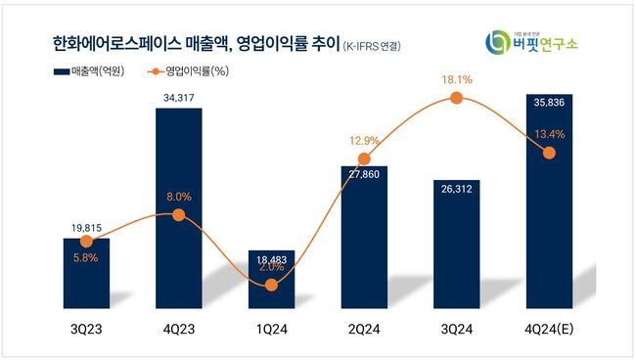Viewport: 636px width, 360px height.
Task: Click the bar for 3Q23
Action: tap(86, 274)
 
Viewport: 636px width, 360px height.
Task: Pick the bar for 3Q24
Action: tap(456, 245)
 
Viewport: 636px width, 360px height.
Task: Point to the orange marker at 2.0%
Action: tap(271, 284)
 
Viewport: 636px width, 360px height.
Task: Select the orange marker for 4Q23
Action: tap(178, 214)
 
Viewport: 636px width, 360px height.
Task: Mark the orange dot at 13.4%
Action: tap(548, 153)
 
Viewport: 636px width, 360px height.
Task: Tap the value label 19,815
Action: tap(86, 227)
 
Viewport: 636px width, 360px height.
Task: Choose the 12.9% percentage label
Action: tap(363, 142)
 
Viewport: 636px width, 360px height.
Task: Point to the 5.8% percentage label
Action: tap(86, 257)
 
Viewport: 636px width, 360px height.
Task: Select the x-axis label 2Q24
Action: tap(363, 330)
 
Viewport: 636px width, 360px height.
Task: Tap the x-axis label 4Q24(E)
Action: tap(548, 330)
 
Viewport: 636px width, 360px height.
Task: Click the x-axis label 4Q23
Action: tap(178, 330)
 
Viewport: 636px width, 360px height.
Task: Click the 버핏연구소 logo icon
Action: tap(497, 42)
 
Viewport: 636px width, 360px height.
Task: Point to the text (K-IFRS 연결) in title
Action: tap(372, 46)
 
